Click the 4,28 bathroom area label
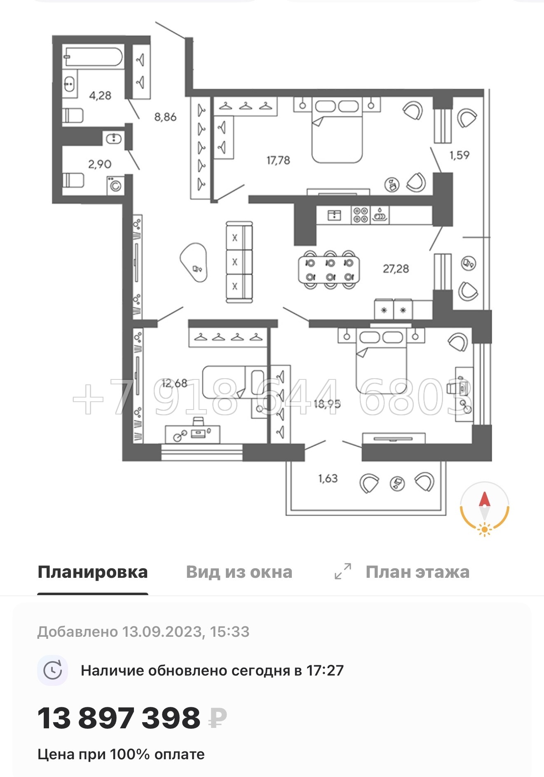pyautogui.click(x=100, y=96)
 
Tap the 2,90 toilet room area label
pyautogui.click(x=100, y=164)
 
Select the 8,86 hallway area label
pyautogui.click(x=165, y=117)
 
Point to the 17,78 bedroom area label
pyautogui.click(x=278, y=160)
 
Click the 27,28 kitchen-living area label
pyautogui.click(x=396, y=269)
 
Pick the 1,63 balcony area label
pyautogui.click(x=328, y=478)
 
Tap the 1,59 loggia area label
pyautogui.click(x=459, y=155)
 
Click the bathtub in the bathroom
pyautogui.click(x=93, y=57)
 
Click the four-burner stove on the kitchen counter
pyautogui.click(x=360, y=215)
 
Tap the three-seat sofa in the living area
pyautogui.click(x=239, y=262)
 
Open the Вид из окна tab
pyautogui.click(x=239, y=572)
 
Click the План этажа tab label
pyautogui.click(x=417, y=572)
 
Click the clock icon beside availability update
pyautogui.click(x=53, y=670)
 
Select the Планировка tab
pyautogui.click(x=93, y=572)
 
